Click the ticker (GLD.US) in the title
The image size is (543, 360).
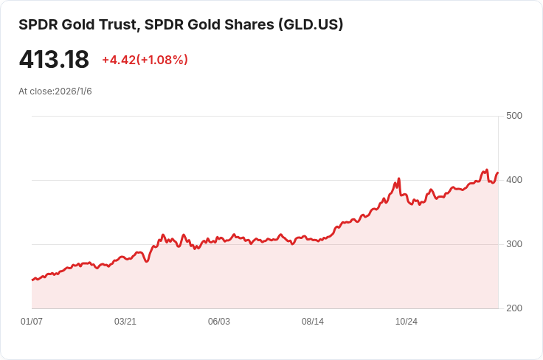click(310, 25)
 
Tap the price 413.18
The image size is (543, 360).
click(54, 59)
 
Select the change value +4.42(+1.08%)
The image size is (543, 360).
click(145, 60)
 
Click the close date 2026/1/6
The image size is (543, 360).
click(73, 91)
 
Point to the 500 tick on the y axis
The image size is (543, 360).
click(514, 116)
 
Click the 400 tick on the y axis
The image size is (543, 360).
click(514, 180)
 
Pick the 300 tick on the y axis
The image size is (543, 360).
click(514, 244)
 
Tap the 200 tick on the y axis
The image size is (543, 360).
click(514, 308)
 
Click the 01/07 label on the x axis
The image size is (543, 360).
click(32, 322)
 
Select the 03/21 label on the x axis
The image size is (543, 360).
click(125, 322)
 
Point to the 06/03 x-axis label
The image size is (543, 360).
click(219, 322)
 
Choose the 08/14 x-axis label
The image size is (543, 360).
click(313, 322)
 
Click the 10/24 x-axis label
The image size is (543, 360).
click(407, 322)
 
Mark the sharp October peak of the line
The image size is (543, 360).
click(398, 179)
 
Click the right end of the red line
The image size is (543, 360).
click(498, 173)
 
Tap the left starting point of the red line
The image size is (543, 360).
click(32, 280)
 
